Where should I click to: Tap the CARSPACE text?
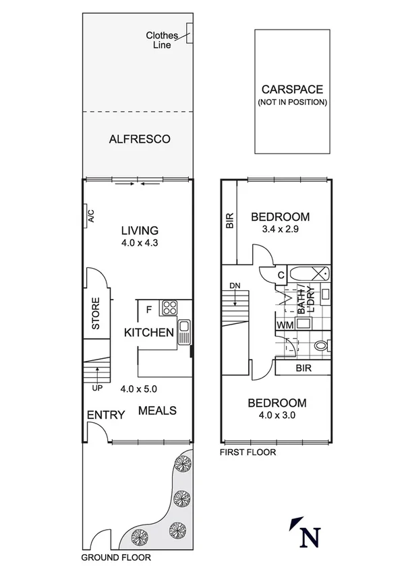tap(292, 89)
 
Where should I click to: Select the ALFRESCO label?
tap(139, 139)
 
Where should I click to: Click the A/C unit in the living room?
tap(89, 215)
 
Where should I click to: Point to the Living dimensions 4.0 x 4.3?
tap(139, 243)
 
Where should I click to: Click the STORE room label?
tap(96, 313)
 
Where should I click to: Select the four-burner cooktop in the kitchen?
tap(168, 308)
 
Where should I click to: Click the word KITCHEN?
tap(149, 332)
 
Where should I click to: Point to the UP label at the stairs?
tap(96, 388)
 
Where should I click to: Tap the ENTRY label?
tap(106, 415)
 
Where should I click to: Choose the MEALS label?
tap(157, 410)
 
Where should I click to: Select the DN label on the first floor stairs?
tap(235, 285)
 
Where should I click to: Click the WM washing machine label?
tap(284, 325)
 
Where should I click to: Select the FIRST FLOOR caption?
tap(248, 452)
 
